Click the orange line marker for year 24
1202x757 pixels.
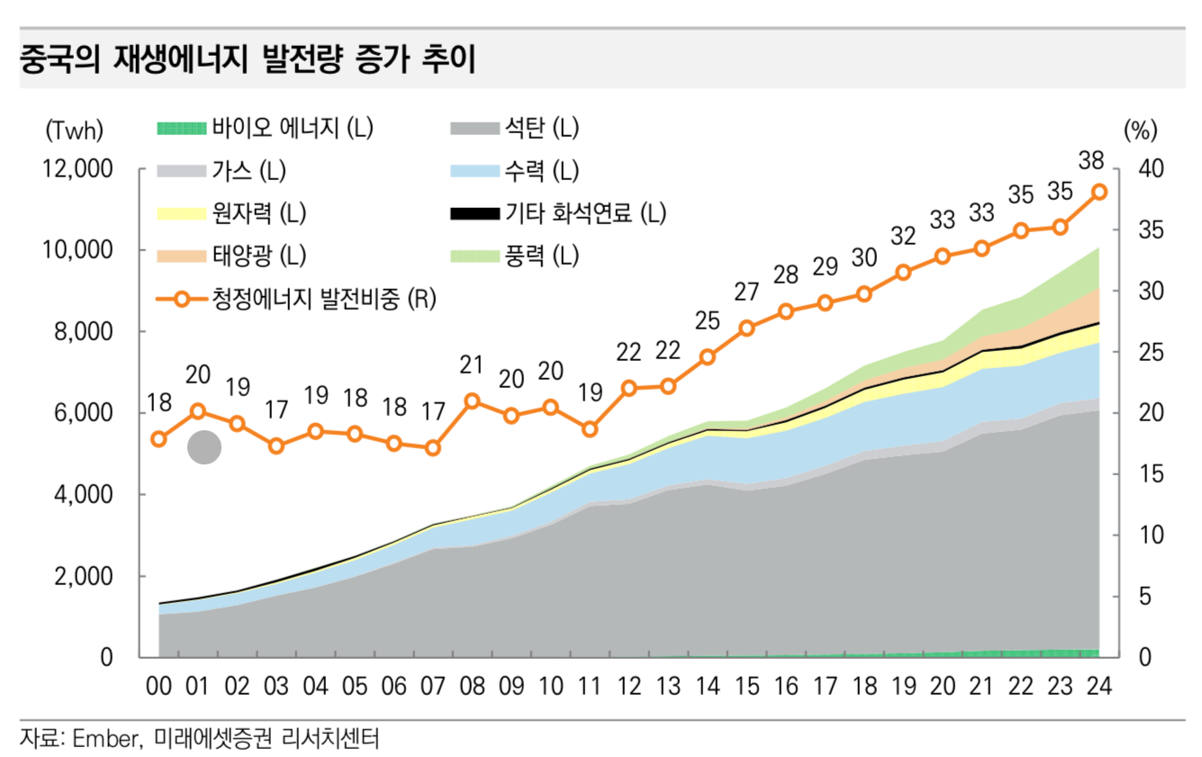[x=1099, y=192]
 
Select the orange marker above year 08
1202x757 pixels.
[x=472, y=401]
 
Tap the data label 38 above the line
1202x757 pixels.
[x=1090, y=161]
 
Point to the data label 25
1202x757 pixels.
[x=708, y=320]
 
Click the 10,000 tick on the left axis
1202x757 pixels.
[x=77, y=250]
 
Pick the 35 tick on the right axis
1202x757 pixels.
[x=1151, y=230]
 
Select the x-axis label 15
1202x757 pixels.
[x=747, y=686]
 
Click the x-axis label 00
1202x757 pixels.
[x=158, y=686]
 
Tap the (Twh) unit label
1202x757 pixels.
[x=75, y=131]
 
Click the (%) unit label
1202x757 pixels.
[x=1140, y=131]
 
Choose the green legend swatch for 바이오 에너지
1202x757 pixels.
[x=181, y=129]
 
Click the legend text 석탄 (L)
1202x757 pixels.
[x=541, y=128]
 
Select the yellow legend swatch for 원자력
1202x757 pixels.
[x=181, y=213]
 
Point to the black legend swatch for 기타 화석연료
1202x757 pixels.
[x=474, y=213]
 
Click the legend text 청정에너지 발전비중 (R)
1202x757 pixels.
[x=324, y=298]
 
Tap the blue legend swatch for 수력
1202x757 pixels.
[x=474, y=171]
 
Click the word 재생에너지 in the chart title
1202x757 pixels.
[x=181, y=59]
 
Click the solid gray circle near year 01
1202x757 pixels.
[x=204, y=446]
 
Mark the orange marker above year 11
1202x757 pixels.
[x=591, y=429]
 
